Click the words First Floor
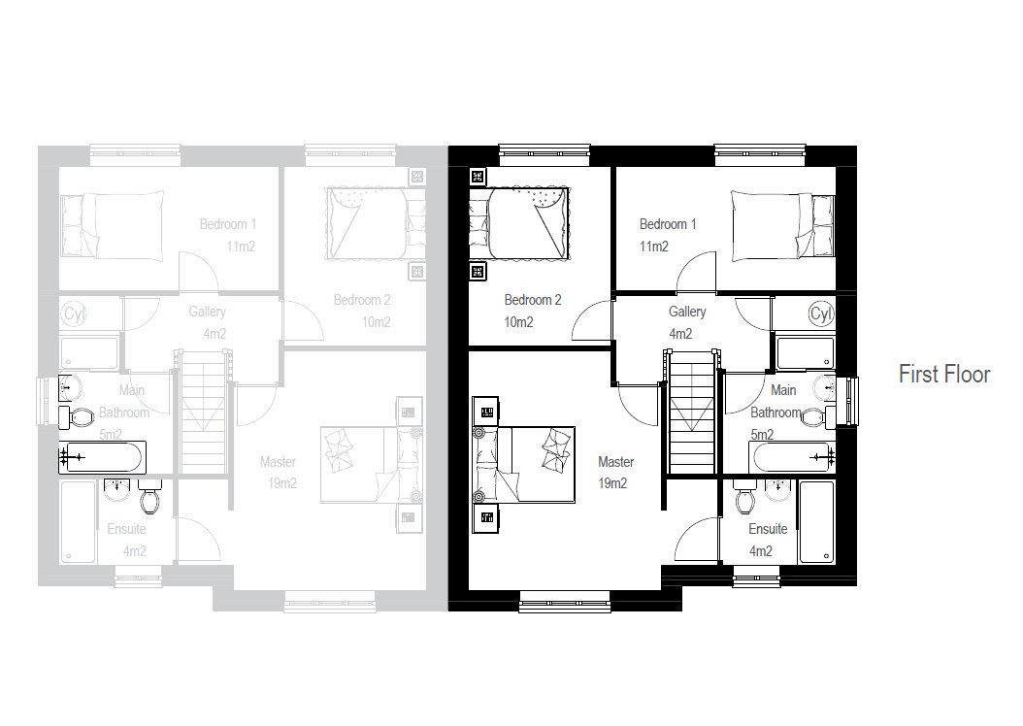tap(944, 375)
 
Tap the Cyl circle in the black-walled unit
tap(821, 313)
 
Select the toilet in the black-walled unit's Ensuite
tap(744, 498)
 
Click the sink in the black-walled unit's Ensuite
tap(777, 490)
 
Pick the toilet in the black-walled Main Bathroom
tap(815, 415)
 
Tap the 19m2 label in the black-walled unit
tap(612, 483)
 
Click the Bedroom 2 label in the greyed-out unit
tap(362, 300)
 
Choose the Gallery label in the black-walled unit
tap(687, 312)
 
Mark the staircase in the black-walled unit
tap(692, 412)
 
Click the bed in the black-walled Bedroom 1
tap(782, 227)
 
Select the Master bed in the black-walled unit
tap(523, 465)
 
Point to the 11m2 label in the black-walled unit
tap(654, 247)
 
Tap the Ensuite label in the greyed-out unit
tap(126, 529)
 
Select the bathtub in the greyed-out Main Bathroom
tap(103, 457)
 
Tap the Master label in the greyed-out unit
tap(278, 462)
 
